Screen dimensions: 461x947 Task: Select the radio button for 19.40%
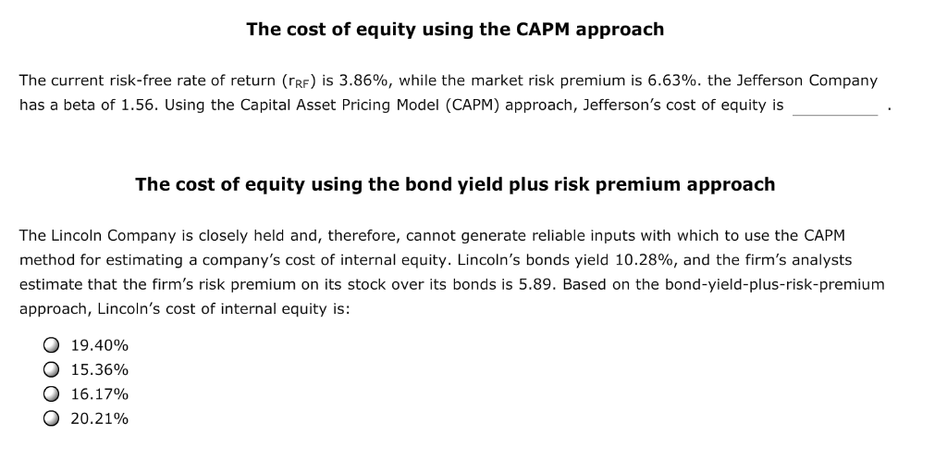click(50, 345)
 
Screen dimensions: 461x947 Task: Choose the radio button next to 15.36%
click(50, 369)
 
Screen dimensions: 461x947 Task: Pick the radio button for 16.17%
click(50, 393)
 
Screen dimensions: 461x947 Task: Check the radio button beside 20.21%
click(50, 418)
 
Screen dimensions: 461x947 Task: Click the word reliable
click(523, 236)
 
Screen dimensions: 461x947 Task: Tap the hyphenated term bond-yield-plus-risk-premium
click(770, 284)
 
